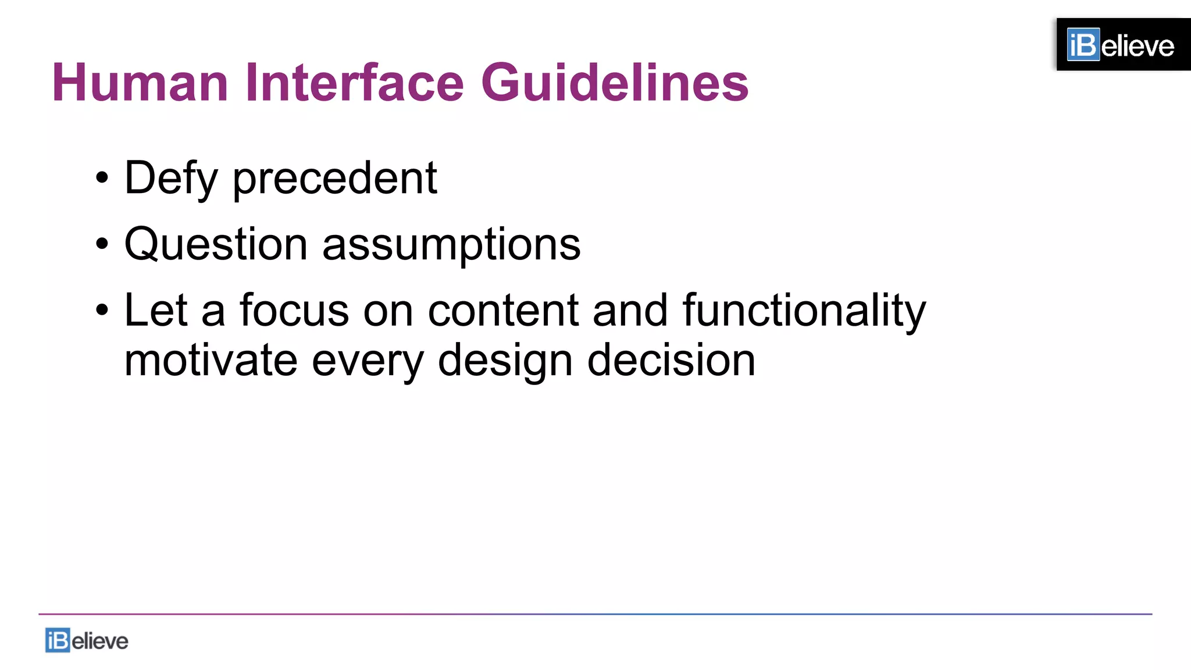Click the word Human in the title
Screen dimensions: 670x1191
(x=140, y=83)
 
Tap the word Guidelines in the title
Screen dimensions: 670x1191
(x=615, y=83)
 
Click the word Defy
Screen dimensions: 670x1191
(x=171, y=179)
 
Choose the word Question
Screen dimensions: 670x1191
(x=216, y=244)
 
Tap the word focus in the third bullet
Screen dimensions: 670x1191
(x=294, y=310)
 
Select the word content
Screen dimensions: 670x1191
(x=503, y=310)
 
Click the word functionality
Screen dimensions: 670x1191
(x=804, y=311)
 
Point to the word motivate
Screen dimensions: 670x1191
(x=211, y=360)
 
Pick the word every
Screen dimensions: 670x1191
(x=368, y=361)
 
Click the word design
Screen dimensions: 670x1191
(x=505, y=361)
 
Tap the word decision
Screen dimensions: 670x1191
(x=671, y=360)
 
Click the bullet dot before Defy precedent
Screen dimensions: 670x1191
(x=102, y=178)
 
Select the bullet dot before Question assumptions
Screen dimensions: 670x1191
(x=102, y=244)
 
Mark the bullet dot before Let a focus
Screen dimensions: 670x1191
(x=102, y=310)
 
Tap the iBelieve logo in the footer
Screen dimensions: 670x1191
(x=87, y=640)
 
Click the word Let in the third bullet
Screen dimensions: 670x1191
(x=156, y=310)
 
